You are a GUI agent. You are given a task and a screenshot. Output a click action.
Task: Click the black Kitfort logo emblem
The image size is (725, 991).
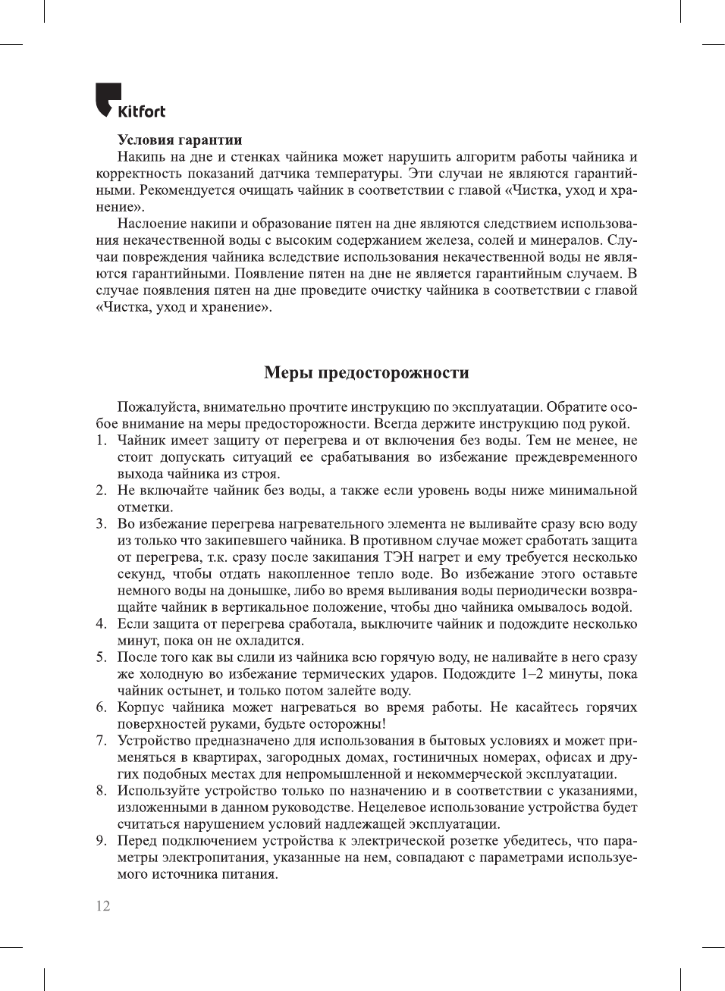tap(108, 97)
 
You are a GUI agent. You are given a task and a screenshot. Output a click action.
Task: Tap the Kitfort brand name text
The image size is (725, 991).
tap(142, 112)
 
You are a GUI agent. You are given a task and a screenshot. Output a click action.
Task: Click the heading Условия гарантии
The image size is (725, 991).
tap(180, 140)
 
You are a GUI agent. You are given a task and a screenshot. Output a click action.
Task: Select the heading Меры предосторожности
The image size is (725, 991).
tap(366, 372)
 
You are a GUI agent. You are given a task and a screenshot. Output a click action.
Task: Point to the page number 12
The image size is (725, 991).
tap(103, 906)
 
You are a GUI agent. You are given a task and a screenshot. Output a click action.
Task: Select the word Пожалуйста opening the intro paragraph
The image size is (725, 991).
tap(154, 407)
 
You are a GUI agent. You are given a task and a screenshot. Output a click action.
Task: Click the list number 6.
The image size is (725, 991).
tap(101, 707)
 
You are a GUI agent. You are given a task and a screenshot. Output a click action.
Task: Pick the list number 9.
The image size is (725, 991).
tap(101, 841)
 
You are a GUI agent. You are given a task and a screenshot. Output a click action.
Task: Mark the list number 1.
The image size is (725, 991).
tap(101, 441)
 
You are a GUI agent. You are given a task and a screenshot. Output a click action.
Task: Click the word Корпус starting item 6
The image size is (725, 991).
tap(140, 707)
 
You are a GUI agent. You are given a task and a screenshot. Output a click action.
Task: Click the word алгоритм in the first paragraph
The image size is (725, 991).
tap(485, 157)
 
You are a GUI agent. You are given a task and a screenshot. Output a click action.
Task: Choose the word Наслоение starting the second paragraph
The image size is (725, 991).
tap(151, 224)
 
